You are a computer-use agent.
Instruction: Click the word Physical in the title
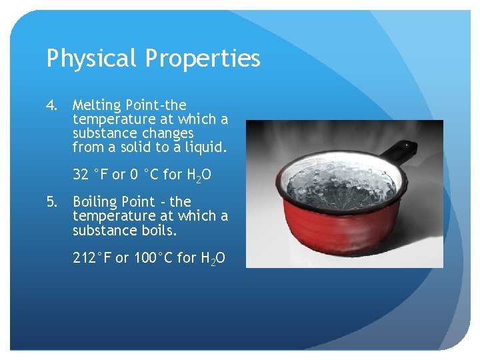(90, 59)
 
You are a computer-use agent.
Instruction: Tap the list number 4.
(52, 105)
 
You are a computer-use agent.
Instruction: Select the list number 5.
(52, 201)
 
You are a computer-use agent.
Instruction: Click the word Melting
(97, 105)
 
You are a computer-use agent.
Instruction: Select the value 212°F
(92, 257)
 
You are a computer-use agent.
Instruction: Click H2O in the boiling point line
(213, 258)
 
